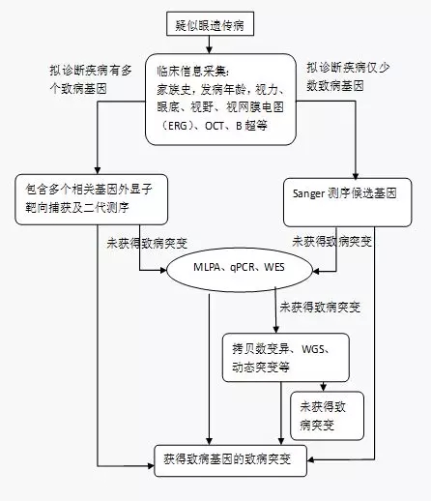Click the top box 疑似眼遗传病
click(x=210, y=24)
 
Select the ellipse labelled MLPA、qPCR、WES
click(x=240, y=270)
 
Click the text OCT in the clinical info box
click(x=215, y=126)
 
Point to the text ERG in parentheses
click(x=178, y=126)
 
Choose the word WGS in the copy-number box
click(x=313, y=349)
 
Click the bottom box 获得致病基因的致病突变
click(x=230, y=460)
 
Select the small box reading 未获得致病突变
click(x=327, y=416)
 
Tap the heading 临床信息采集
click(x=192, y=72)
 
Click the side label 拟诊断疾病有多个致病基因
click(x=91, y=79)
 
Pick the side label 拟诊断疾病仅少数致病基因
click(x=348, y=76)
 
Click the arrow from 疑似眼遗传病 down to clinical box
click(x=209, y=44)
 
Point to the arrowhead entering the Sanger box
click(x=356, y=176)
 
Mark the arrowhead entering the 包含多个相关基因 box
click(x=98, y=170)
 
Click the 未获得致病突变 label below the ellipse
click(x=320, y=308)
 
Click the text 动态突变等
click(x=261, y=368)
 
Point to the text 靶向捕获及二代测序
click(x=77, y=207)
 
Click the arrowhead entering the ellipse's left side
click(x=163, y=270)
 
